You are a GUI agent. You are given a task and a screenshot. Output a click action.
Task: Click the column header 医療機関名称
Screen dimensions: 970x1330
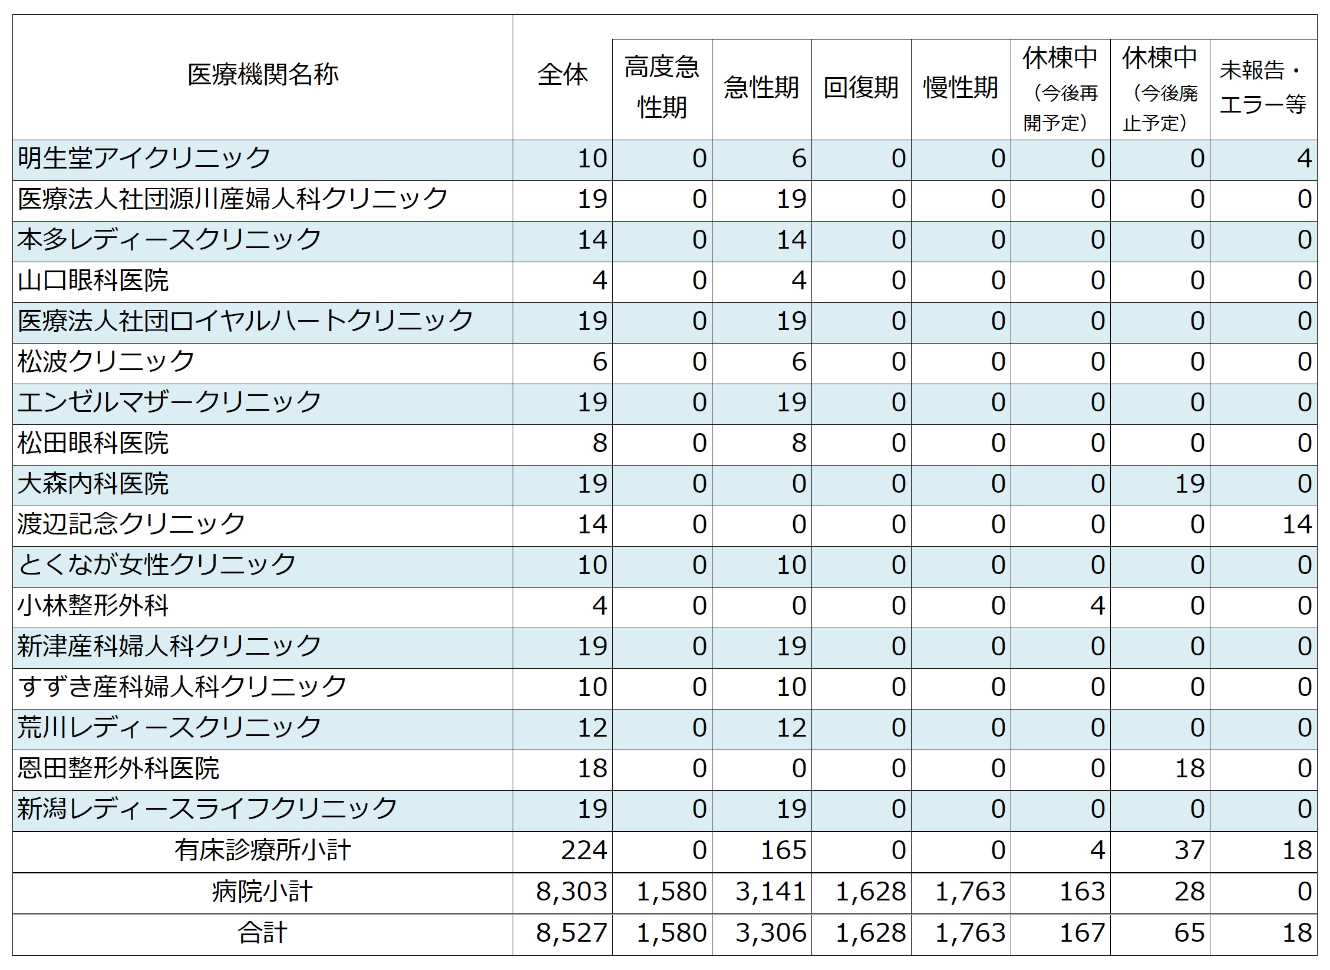point(263,75)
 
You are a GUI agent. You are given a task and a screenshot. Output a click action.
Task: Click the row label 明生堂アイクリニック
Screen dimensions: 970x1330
point(144,159)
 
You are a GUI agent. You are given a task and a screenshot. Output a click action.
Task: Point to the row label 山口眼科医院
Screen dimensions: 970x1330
point(93,281)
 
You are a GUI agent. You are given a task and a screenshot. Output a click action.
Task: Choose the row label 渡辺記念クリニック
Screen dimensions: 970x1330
point(131,524)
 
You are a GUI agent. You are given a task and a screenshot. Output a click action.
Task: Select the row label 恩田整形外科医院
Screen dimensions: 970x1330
point(118,768)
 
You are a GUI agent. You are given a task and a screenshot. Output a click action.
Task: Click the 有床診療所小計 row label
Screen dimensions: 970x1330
point(263,850)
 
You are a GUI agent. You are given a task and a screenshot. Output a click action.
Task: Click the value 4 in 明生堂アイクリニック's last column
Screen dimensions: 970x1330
point(1303,159)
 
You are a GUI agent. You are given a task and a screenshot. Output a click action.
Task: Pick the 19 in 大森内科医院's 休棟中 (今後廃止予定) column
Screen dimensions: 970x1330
point(1189,484)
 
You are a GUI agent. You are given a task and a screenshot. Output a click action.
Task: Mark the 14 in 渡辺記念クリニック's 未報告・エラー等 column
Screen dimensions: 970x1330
point(1296,524)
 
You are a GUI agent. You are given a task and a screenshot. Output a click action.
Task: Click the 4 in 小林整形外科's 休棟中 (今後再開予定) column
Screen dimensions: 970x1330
point(1097,606)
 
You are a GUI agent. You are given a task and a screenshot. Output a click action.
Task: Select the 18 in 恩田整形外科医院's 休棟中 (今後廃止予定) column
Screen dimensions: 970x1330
point(1189,768)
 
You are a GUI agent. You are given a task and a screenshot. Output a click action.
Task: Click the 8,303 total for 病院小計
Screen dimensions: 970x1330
point(571,892)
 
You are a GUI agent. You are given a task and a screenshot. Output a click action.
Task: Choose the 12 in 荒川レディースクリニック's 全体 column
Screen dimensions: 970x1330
point(592,728)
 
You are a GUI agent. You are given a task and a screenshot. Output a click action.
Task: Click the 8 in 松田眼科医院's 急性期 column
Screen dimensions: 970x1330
point(798,443)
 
